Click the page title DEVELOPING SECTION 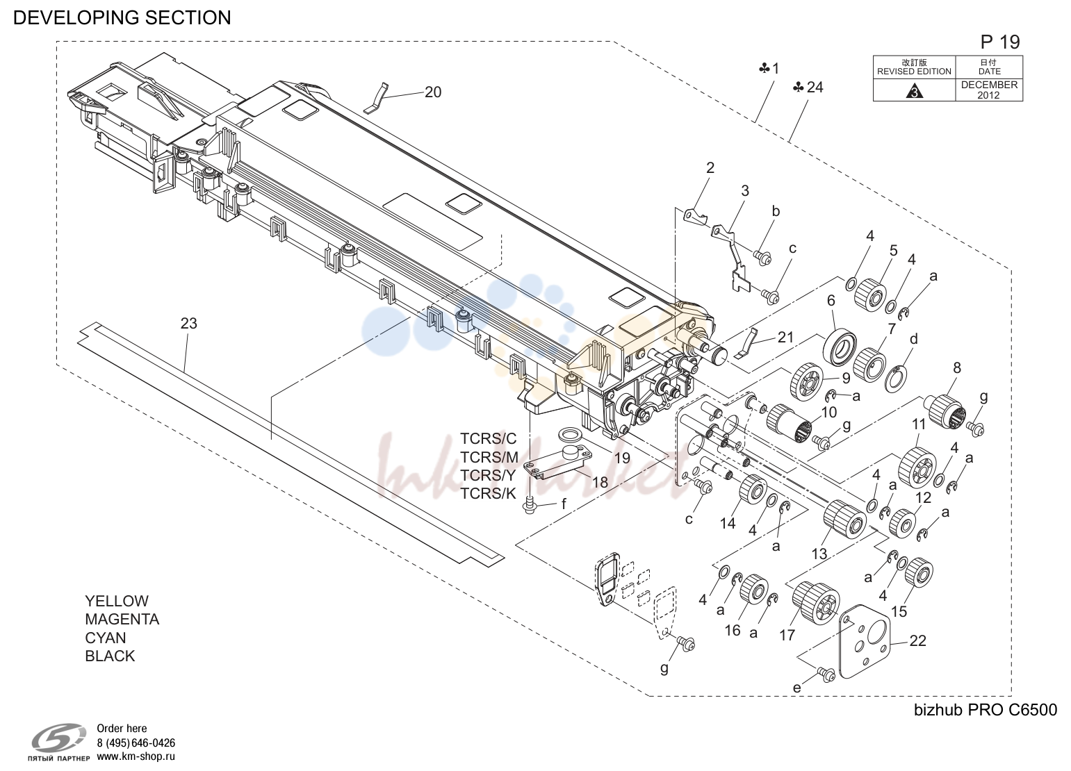pyautogui.click(x=122, y=17)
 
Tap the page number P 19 pyautogui.click(x=1000, y=42)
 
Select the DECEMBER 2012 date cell pyautogui.click(x=989, y=90)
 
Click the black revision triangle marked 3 pyautogui.click(x=914, y=91)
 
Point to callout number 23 pyautogui.click(x=189, y=324)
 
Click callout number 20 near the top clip pyautogui.click(x=433, y=92)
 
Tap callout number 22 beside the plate pyautogui.click(x=917, y=640)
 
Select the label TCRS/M pyautogui.click(x=489, y=458)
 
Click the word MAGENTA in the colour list pyautogui.click(x=122, y=619)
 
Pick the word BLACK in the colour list pyautogui.click(x=110, y=656)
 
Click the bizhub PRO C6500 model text pyautogui.click(x=986, y=710)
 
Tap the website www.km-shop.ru pyautogui.click(x=136, y=756)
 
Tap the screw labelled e pyautogui.click(x=826, y=674)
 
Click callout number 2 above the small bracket pyautogui.click(x=710, y=168)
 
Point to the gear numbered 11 pyautogui.click(x=917, y=467)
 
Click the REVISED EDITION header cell pyautogui.click(x=914, y=67)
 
